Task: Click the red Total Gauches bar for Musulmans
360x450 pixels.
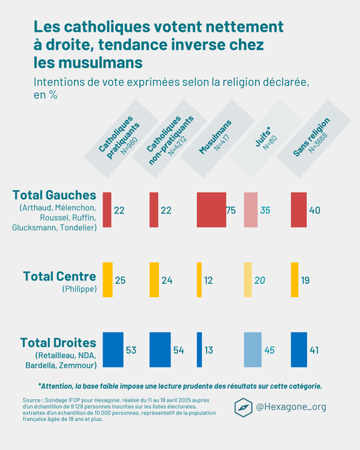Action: [x=211, y=210]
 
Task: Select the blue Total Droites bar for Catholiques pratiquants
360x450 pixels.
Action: [x=113, y=349]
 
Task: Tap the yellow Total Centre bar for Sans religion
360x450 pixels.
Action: [x=294, y=280]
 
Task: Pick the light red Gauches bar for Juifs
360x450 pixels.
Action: [x=250, y=210]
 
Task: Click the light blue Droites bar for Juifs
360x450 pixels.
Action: [x=252, y=349]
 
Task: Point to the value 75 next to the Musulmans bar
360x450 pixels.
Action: [x=231, y=210]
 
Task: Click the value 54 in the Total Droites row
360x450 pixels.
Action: [x=179, y=350]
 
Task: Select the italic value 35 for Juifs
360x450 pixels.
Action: [x=265, y=210]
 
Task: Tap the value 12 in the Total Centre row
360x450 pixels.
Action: [x=208, y=281]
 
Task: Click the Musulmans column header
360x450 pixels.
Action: [x=216, y=138]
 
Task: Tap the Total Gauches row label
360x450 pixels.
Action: [x=54, y=195]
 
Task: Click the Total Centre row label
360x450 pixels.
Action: [x=59, y=276]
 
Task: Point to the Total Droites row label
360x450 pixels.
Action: [x=58, y=343]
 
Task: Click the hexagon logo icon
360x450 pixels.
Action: [x=244, y=407]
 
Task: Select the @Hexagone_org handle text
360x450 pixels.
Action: [x=291, y=407]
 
